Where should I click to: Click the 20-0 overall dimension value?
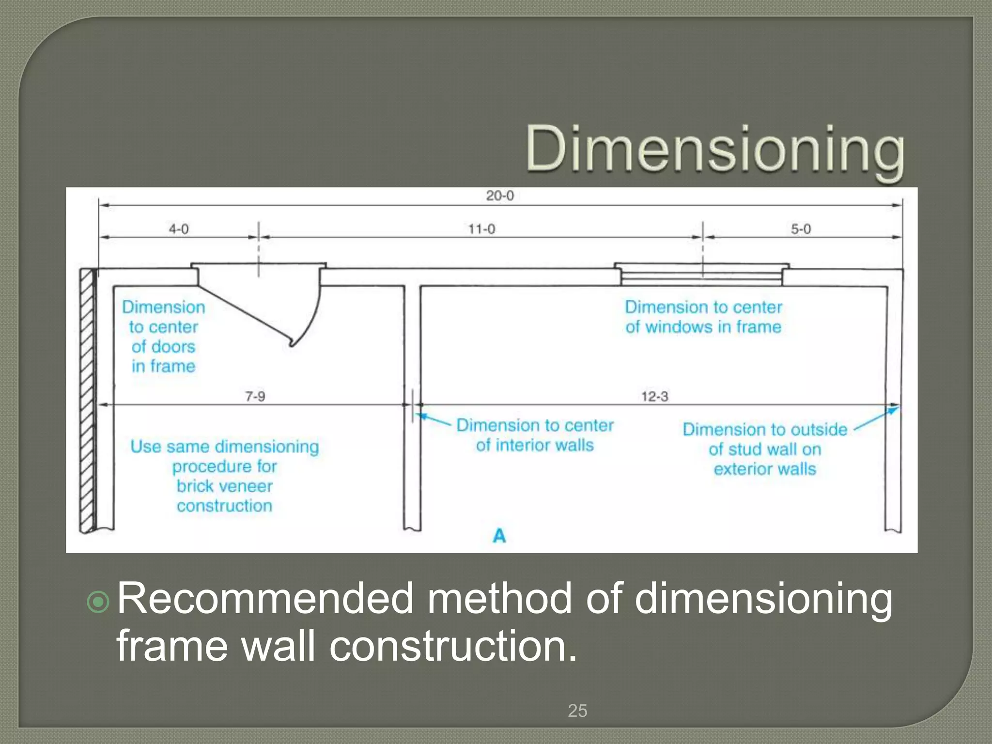[500, 196]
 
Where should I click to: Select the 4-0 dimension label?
[178, 229]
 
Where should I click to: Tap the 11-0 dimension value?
[481, 229]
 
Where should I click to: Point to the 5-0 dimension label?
[801, 229]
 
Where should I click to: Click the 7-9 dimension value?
[255, 396]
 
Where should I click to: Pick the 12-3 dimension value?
[654, 396]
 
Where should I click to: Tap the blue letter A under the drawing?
[499, 536]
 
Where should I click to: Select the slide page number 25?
[577, 711]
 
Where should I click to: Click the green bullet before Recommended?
[99, 602]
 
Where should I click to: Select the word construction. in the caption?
[453, 646]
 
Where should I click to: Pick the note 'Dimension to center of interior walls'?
[535, 435]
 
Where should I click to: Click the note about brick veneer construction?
[225, 476]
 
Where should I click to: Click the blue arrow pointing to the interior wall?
[434, 419]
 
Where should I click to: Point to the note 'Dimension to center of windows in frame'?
[703, 317]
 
